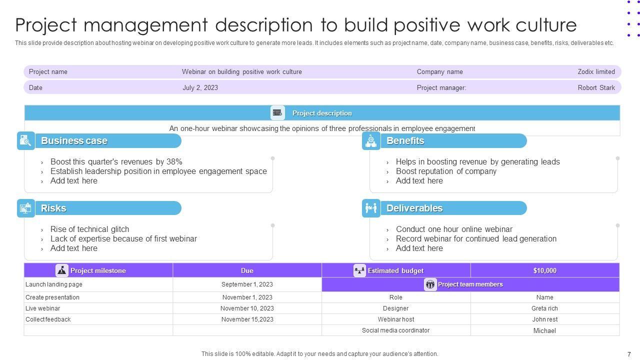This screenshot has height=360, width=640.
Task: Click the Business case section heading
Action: click(74, 141)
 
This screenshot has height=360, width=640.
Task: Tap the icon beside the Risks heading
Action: click(26, 208)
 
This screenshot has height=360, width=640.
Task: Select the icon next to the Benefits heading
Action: click(371, 141)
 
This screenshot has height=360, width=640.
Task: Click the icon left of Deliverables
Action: click(371, 208)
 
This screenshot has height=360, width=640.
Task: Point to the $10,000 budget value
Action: click(544, 270)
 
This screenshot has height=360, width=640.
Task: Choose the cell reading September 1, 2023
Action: click(247, 284)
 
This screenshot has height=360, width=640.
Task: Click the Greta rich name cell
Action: click(544, 308)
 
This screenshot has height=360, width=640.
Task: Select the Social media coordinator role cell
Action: click(395, 330)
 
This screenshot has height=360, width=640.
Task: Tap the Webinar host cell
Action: click(395, 319)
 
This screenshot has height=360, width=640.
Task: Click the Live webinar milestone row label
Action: click(42, 308)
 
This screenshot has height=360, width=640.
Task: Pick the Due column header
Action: click(247, 270)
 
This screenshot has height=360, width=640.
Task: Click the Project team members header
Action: click(470, 284)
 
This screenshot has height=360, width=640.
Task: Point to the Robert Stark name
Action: click(596, 87)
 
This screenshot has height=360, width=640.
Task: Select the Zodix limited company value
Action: click(596, 71)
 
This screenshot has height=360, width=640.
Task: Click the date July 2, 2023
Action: click(200, 87)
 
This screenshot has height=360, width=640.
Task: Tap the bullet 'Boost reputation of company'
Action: click(446, 171)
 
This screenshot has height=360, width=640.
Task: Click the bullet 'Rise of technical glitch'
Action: click(89, 229)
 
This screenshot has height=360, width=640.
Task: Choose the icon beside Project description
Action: click(277, 113)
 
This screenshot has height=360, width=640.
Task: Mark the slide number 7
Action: click(629, 354)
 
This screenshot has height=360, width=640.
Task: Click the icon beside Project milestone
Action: click(62, 270)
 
